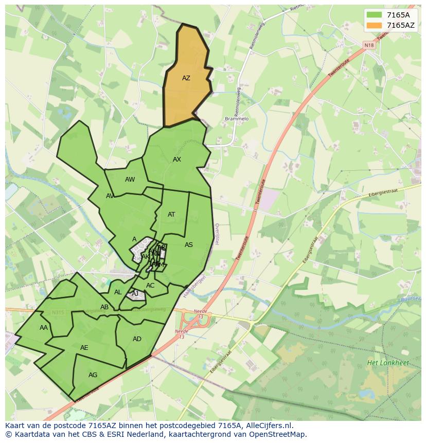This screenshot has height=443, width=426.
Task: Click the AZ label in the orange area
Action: [186, 78]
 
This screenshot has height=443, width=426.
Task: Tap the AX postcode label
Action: [177, 160]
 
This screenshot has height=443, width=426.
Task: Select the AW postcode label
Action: [130, 180]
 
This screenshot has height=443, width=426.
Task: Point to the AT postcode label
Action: [171, 215]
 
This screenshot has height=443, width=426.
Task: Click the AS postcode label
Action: [189, 245]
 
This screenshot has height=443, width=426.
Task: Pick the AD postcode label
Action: [137, 339]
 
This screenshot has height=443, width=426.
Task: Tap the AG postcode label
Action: [93, 375]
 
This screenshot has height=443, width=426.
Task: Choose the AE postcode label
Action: [84, 348]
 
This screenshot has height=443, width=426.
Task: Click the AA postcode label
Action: [44, 328]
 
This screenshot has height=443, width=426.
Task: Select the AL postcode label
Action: [118, 292]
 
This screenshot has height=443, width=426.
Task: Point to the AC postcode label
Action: [150, 286]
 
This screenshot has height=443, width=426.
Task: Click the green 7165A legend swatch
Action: [375, 15]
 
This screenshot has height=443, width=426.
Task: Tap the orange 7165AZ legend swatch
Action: [375, 25]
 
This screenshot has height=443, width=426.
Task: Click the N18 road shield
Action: [369, 45]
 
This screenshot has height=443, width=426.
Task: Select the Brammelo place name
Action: [237, 119]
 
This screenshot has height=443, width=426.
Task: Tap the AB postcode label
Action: [104, 307]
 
